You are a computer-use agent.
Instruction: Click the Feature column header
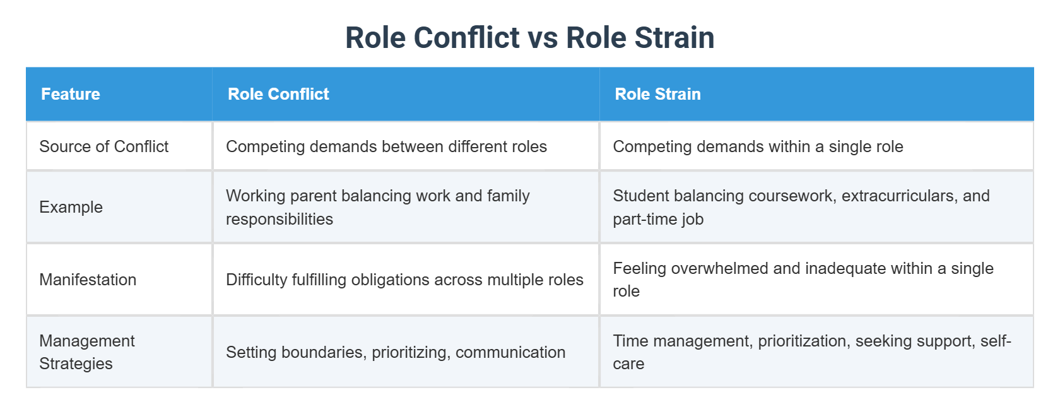(x=71, y=94)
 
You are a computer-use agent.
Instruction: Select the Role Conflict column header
(x=278, y=94)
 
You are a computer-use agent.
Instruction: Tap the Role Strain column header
(x=657, y=94)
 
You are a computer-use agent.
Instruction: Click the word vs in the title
(x=543, y=38)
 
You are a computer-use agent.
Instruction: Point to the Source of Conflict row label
(x=104, y=146)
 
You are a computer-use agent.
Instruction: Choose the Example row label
(x=71, y=207)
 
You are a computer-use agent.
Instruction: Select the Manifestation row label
(x=88, y=280)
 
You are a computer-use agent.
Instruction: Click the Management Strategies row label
(x=87, y=352)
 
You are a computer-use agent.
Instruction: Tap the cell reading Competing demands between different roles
(x=386, y=146)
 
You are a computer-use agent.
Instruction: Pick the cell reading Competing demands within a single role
(x=758, y=146)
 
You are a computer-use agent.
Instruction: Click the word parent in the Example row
(x=312, y=196)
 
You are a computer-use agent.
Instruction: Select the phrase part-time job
(x=658, y=219)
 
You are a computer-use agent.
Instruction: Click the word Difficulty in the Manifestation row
(x=256, y=280)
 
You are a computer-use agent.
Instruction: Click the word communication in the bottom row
(x=510, y=352)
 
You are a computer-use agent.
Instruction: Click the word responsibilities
(x=280, y=219)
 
